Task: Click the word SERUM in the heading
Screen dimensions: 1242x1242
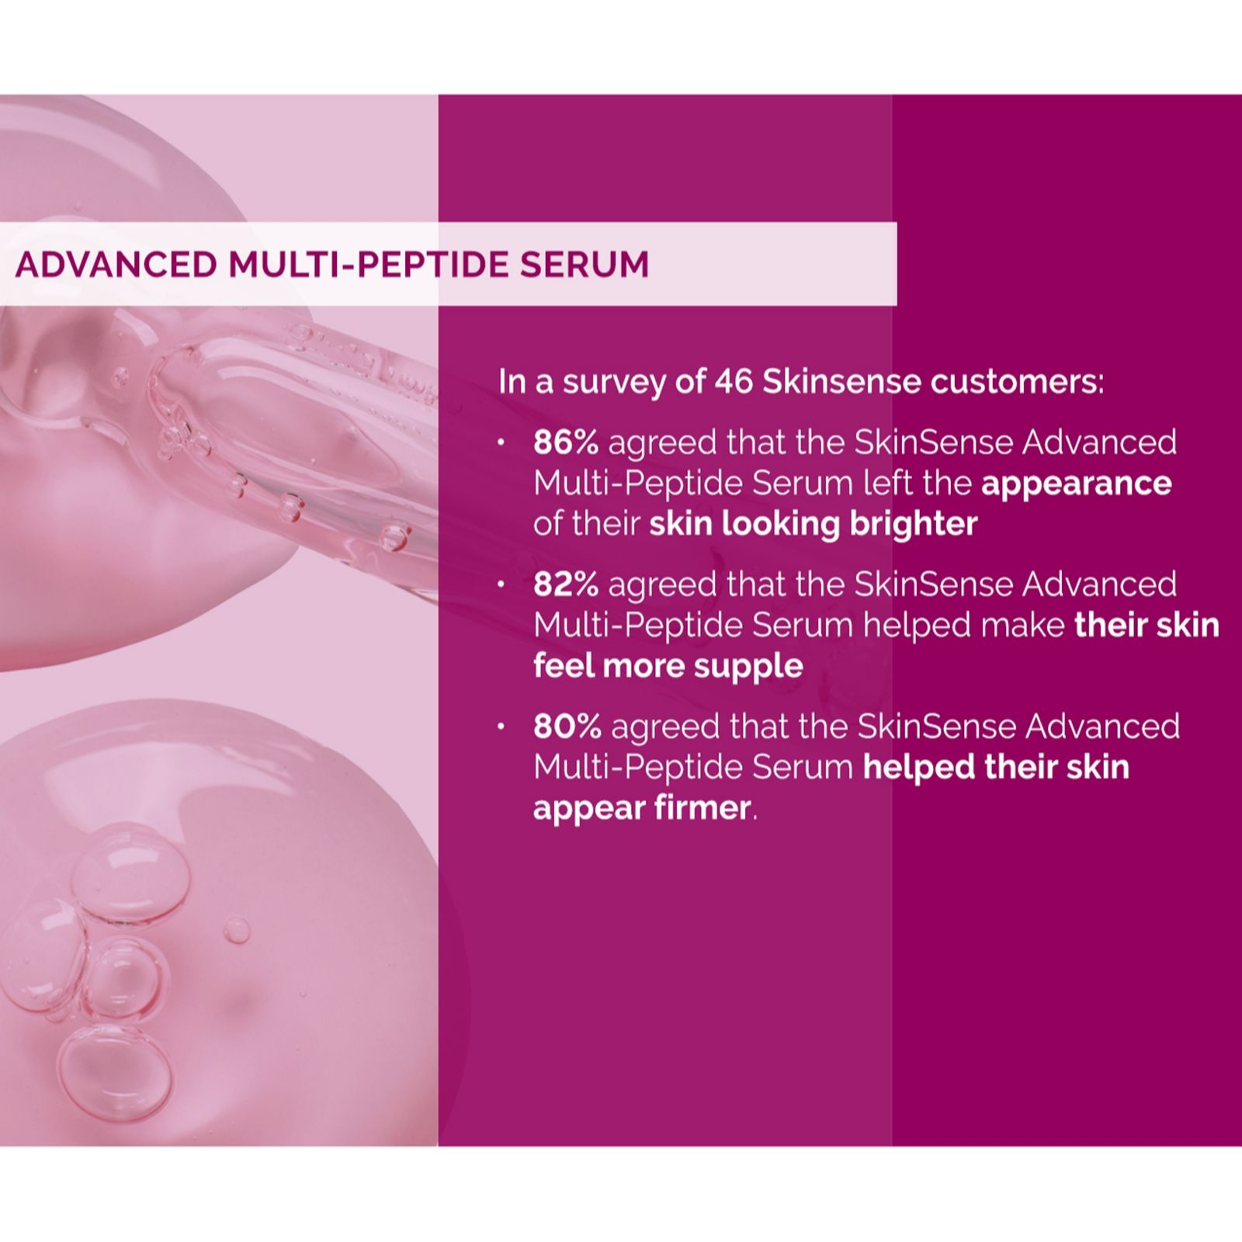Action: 585,265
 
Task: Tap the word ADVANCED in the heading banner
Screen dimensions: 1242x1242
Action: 116,265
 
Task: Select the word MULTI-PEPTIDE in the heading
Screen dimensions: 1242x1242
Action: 369,265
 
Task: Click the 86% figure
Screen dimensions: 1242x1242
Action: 566,442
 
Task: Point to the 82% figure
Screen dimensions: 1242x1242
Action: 566,585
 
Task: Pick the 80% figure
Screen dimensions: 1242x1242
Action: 567,727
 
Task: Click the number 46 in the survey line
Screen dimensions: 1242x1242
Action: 734,382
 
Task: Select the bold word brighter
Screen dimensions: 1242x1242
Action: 914,525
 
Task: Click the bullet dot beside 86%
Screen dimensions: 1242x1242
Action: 501,443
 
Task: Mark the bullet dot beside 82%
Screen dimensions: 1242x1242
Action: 501,585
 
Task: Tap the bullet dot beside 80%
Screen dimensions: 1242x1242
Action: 501,727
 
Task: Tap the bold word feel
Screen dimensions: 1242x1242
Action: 564,666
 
